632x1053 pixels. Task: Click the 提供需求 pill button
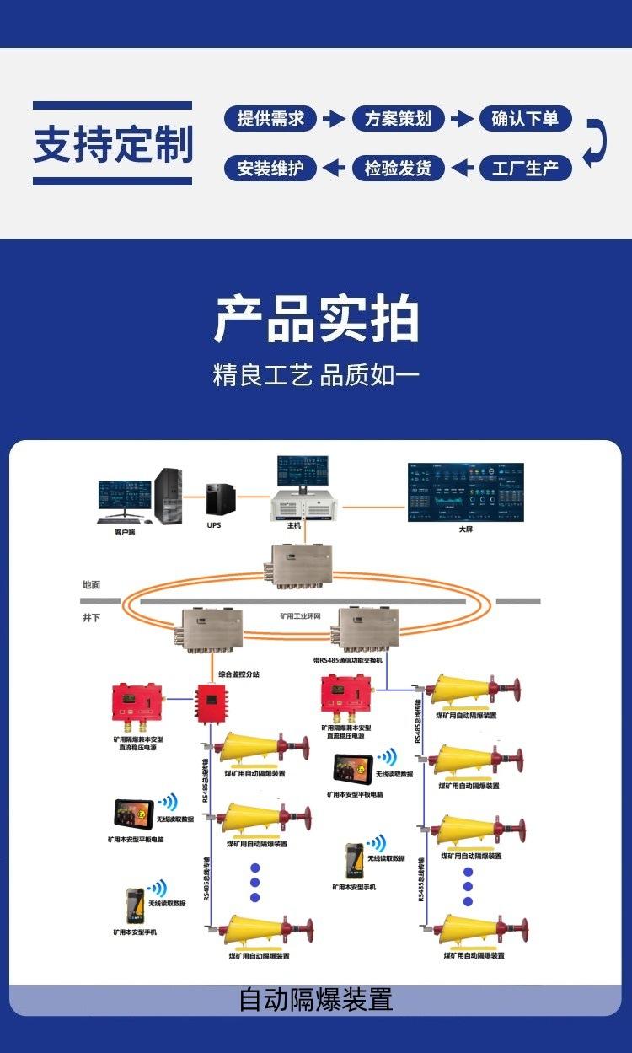pos(270,119)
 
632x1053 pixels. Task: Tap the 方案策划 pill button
pos(398,119)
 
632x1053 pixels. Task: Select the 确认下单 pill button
pos(525,119)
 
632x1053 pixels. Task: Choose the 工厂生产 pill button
pos(525,168)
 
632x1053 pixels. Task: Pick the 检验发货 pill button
pos(398,168)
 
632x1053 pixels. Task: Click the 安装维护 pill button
pos(270,168)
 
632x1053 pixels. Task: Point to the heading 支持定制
pos(113,143)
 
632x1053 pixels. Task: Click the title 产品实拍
pos(316,320)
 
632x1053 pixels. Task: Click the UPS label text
pos(214,524)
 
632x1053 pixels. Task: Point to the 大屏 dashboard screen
pos(465,492)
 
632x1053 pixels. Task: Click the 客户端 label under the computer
pos(126,533)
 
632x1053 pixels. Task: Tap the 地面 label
pos(91,584)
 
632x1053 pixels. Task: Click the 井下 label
pos(91,618)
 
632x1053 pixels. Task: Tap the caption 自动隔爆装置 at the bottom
pos(316,1000)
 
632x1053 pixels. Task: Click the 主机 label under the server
pos(294,525)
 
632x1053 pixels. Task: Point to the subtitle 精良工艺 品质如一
pos(316,375)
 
